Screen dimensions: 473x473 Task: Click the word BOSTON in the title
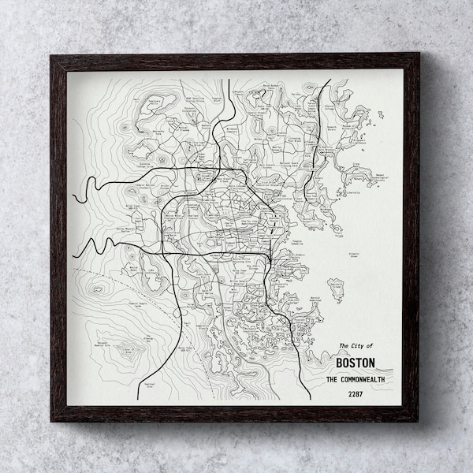coord(356,363)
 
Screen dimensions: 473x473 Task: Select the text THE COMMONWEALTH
coord(356,379)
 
